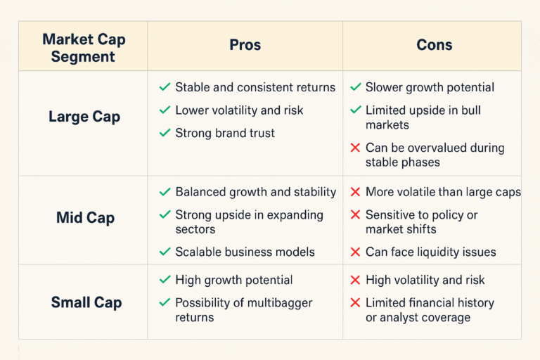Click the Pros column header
[245, 45]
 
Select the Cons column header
[434, 45]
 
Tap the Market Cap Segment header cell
[83, 46]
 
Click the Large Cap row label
[84, 117]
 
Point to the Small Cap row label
[86, 302]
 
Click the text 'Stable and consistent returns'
[255, 88]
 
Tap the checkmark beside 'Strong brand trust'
[165, 133]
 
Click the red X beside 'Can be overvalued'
[355, 148]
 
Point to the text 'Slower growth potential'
[430, 88]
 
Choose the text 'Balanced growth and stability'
[255, 192]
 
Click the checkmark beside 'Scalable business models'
[165, 252]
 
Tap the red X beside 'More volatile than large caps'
[355, 192]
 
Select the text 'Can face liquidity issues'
[430, 252]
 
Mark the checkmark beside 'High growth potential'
[165, 280]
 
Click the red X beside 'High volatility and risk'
[355, 280]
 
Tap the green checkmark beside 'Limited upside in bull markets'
[355, 110]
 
